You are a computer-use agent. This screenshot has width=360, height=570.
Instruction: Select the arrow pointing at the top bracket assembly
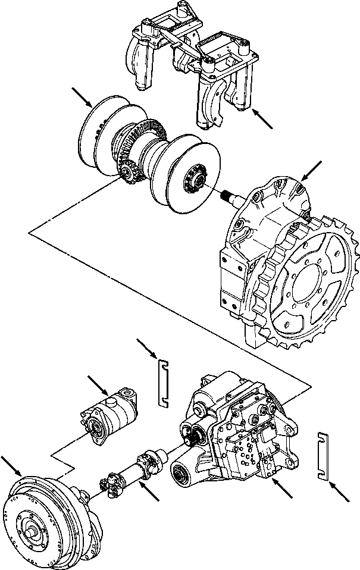[262, 119]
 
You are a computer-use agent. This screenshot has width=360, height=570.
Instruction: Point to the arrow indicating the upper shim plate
[146, 349]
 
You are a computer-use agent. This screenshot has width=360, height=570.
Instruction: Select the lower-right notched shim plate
[323, 455]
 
